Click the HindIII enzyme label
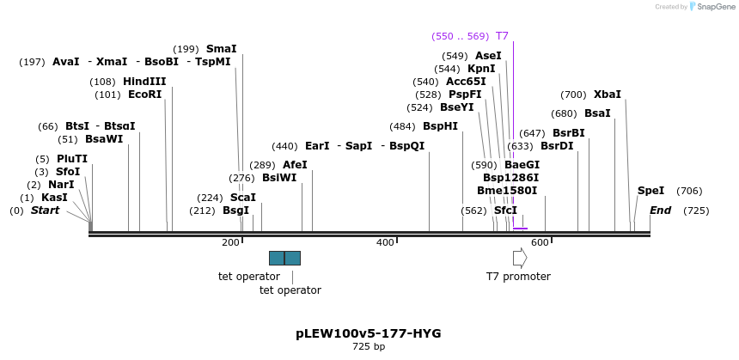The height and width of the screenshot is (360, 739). pos(144,82)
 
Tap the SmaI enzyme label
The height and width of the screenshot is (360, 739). pos(221,49)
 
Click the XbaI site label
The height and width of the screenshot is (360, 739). pos(607,95)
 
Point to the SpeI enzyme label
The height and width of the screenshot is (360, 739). pos(650,191)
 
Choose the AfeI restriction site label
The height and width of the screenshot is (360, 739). pos(295,165)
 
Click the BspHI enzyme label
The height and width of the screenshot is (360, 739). pos(440,126)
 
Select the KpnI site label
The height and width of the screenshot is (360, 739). pos(481,69)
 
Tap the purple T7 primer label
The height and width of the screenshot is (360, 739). pos(502,36)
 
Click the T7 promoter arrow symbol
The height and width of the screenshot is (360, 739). pos(519,258)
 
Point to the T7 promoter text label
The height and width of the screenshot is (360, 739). pos(518,277)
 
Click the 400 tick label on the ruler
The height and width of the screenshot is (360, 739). pos(385,243)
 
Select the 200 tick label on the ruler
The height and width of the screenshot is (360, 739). pos(230,243)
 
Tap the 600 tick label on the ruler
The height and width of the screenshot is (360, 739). pos(540,243)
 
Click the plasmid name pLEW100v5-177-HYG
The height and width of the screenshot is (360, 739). pos(369,333)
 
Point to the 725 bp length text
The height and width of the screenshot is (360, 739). pos(369,347)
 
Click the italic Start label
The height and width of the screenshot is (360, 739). pos(45,211)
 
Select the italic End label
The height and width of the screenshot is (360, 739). pos(660,211)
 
